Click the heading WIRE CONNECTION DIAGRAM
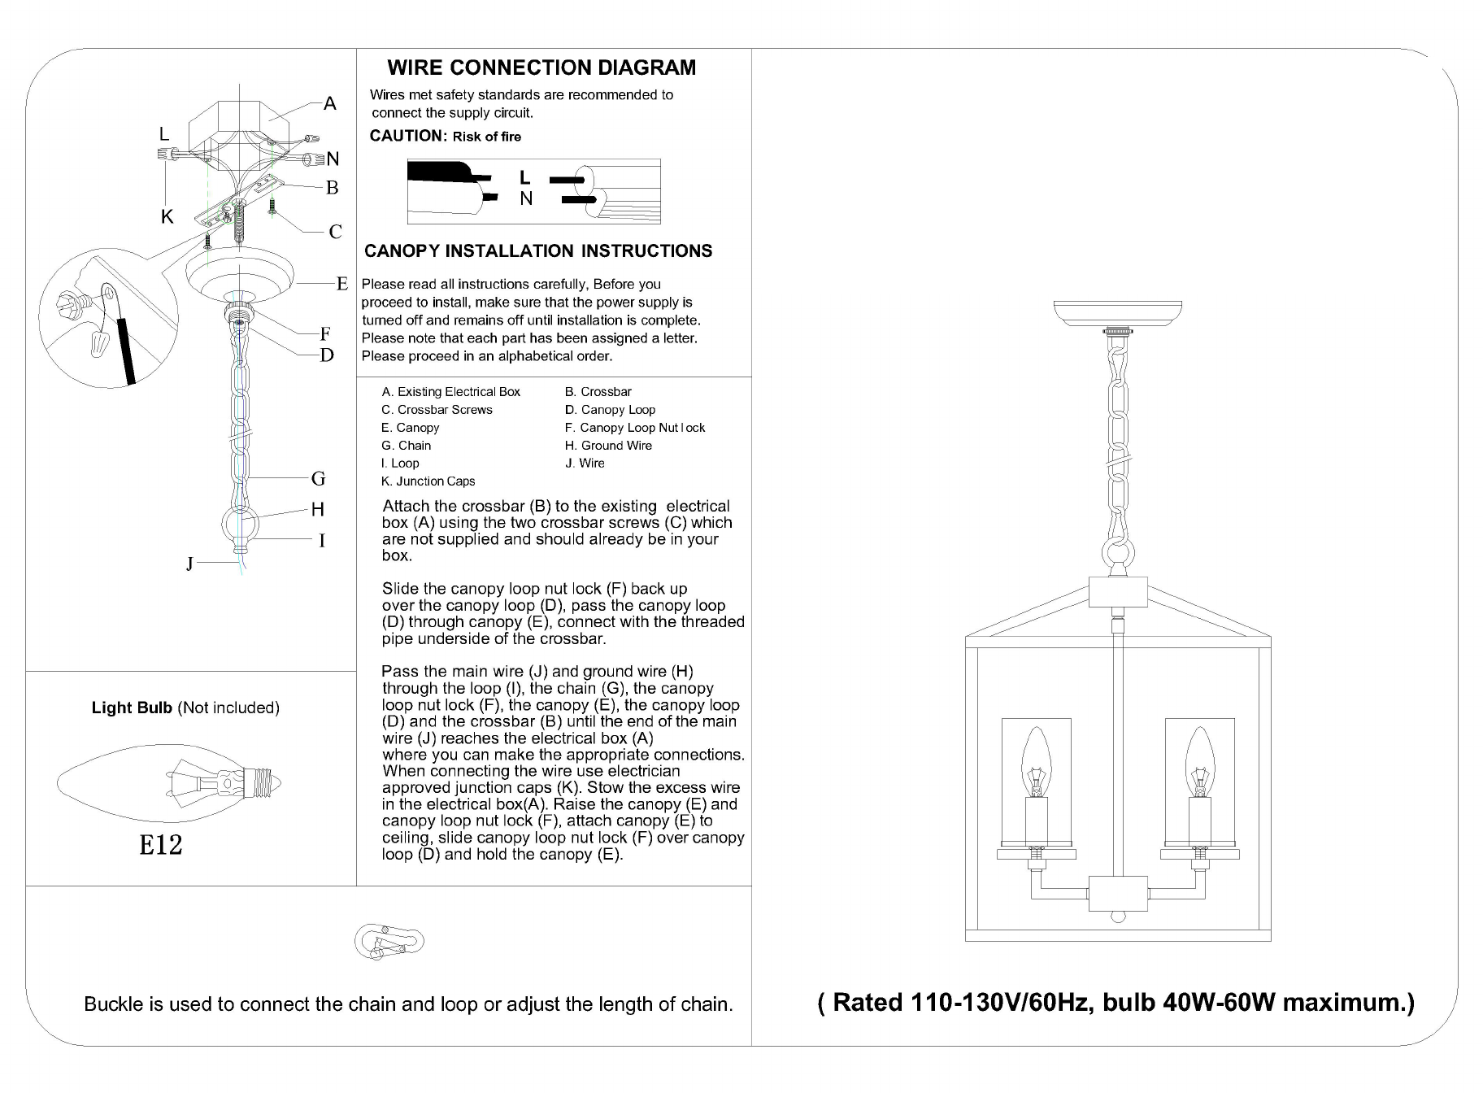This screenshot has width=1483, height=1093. point(541,67)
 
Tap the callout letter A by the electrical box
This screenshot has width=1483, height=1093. point(329,103)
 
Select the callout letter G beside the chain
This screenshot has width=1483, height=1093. point(318,478)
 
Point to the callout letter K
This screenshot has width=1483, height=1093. point(167,216)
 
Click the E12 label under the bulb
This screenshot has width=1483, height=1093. point(160,845)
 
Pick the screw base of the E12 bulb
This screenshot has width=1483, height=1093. point(267,783)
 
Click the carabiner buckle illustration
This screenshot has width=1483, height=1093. point(389,941)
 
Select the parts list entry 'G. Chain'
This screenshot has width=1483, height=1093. point(407,446)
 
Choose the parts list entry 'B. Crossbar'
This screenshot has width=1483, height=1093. point(598,392)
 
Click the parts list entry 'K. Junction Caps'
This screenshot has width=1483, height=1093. point(428,481)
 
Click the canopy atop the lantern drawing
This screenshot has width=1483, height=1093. point(1118,312)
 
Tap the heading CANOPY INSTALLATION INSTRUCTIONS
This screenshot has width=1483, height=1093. point(538,251)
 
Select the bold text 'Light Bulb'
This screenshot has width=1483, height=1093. point(132,708)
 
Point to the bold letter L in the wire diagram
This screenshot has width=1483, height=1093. point(525,176)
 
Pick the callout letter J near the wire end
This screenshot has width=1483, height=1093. point(189,564)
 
